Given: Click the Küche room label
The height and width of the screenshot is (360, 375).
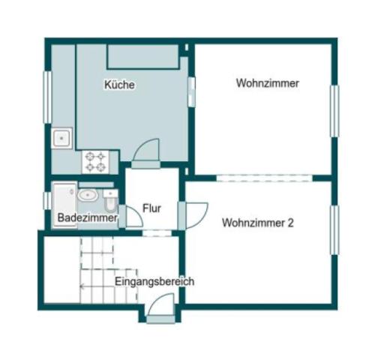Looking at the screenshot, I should pos(120,85).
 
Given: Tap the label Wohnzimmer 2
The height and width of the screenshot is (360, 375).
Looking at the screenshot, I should pos(257,223).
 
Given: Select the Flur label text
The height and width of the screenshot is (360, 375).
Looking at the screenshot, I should pos(153,208).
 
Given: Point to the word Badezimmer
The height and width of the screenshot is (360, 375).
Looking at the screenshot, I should pos(88,218).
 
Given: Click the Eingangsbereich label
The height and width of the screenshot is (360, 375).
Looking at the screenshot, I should pos(154,282).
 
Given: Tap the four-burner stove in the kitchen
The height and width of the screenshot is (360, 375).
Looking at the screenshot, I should pos(95,160).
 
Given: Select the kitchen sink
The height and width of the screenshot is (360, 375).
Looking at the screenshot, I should pos(61,138).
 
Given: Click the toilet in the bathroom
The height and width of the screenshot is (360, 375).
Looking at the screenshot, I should pos(110,199).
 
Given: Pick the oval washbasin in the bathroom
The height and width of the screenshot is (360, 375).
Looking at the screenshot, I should pos(87,196).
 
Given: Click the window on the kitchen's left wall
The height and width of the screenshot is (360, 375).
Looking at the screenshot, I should pos(48,96).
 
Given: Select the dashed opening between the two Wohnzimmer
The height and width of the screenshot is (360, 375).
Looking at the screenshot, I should pos(263,178).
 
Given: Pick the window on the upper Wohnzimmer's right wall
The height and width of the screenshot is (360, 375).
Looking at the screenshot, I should pos(334,111).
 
